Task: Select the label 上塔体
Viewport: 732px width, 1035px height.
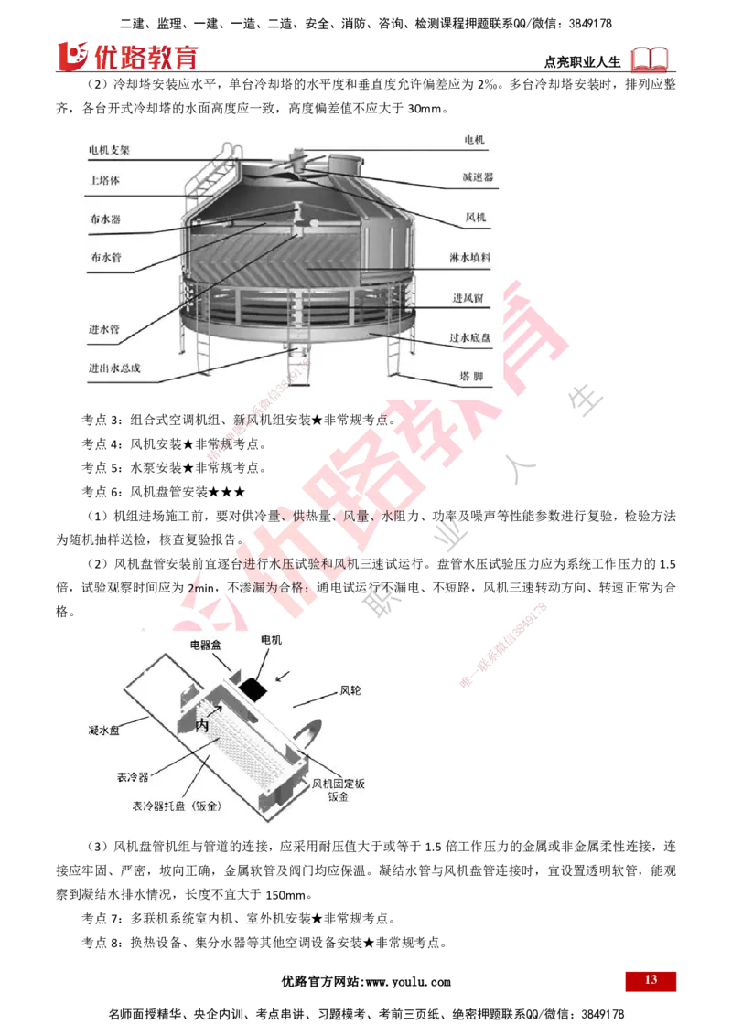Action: click(104, 181)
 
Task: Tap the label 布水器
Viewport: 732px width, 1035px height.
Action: click(104, 219)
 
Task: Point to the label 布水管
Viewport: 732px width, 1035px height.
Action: click(104, 258)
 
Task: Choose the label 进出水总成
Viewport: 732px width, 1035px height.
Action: click(114, 370)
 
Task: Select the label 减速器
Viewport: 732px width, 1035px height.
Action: click(477, 177)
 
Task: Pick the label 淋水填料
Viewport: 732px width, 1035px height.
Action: click(470, 259)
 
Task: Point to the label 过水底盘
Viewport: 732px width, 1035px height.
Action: click(470, 337)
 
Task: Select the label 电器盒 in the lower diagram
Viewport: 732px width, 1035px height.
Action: click(206, 645)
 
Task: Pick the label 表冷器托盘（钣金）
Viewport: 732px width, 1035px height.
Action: click(178, 807)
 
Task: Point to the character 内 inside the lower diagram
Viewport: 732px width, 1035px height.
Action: click(203, 726)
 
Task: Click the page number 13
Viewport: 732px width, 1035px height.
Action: click(651, 980)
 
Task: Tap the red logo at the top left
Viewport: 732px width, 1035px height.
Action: click(127, 57)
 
